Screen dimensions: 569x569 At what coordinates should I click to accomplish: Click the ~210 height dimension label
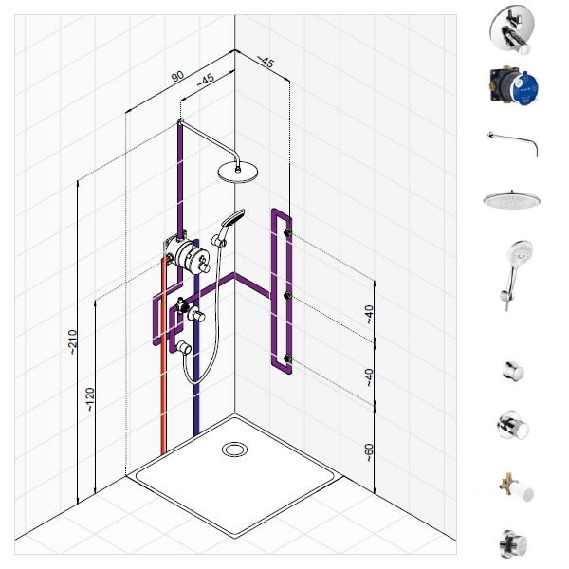(x=73, y=341)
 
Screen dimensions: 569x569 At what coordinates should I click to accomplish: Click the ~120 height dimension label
(x=90, y=399)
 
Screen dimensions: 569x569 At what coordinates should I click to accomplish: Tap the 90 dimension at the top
(x=177, y=77)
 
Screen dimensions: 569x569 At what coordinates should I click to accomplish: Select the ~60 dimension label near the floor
(x=369, y=452)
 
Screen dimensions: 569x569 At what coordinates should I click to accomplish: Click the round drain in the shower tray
(x=234, y=450)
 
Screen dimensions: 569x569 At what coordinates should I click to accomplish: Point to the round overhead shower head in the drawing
(x=238, y=172)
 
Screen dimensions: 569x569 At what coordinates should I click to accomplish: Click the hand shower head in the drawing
(x=233, y=218)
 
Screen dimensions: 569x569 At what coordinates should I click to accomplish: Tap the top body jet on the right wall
(x=287, y=232)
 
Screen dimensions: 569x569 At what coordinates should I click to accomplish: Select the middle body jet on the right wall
(x=287, y=296)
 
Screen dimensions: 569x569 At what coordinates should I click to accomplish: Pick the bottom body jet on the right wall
(x=287, y=358)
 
